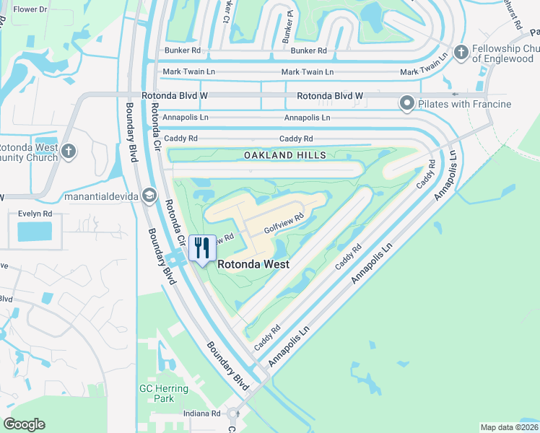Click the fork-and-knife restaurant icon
point(201,248)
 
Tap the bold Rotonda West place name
point(253,265)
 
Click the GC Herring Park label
point(164,393)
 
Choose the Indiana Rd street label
point(201,414)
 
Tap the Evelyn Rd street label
point(35,214)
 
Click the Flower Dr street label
point(30,9)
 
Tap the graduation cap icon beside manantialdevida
point(149,194)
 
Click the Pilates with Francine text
point(466,104)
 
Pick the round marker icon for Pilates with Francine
point(406,104)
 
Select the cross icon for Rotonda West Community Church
point(68,151)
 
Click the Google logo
point(25,424)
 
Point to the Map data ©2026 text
point(508,427)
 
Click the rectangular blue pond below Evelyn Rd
point(35,232)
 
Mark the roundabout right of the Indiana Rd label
point(233,414)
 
